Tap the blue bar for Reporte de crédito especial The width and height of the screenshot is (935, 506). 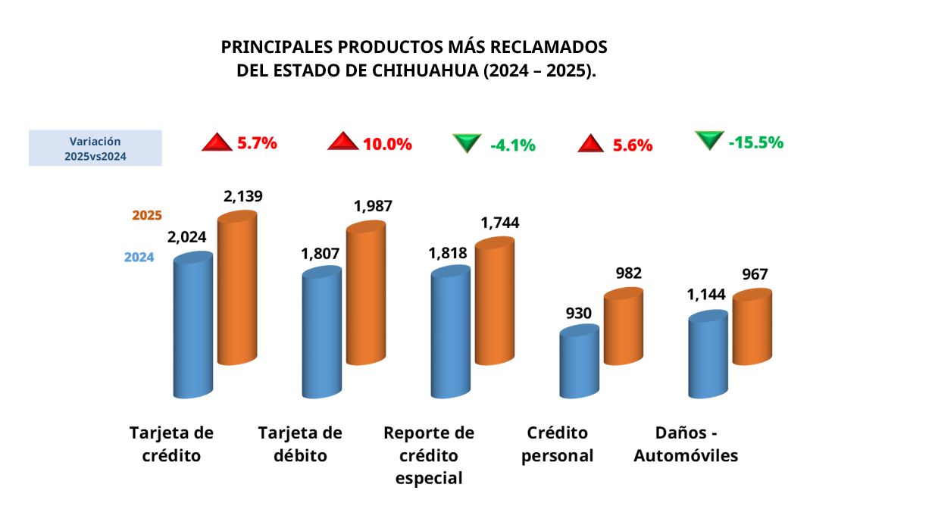tap(450, 333)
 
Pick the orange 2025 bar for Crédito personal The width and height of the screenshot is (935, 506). tap(623, 327)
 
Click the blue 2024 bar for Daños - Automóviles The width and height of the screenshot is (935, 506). tap(708, 356)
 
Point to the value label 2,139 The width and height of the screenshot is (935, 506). tap(242, 196)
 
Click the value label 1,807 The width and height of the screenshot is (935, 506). tap(321, 254)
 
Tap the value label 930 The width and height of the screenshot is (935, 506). tap(578, 313)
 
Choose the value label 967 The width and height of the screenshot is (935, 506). tap(755, 274)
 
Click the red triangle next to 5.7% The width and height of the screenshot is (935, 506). tap(217, 142)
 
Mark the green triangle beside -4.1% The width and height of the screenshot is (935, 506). tap(467, 143)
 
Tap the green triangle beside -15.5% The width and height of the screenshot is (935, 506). tap(709, 140)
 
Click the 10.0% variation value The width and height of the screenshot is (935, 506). tap(387, 144)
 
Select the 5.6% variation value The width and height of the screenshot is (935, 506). tap(633, 145)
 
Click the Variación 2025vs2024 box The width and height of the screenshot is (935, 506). tap(95, 148)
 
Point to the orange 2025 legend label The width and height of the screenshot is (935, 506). tap(147, 215)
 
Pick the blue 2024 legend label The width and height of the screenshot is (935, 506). tap(139, 257)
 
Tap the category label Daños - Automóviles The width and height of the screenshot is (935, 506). tap(686, 445)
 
